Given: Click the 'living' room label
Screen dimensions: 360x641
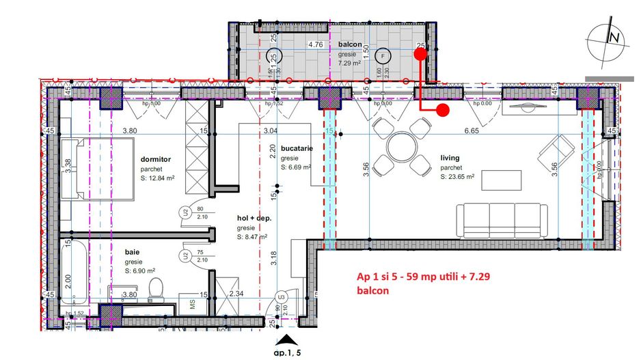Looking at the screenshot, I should pyautogui.click(x=450, y=157).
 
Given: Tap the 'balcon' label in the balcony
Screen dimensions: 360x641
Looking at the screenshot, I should pyautogui.click(x=349, y=44).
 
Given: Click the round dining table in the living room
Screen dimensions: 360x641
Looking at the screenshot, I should pyautogui.click(x=401, y=146).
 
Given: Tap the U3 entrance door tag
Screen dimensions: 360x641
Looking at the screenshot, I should pyautogui.click(x=280, y=296).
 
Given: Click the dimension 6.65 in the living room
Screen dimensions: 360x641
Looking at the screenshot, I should pyautogui.click(x=472, y=130).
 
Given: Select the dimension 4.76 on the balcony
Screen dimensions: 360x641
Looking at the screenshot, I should pyautogui.click(x=315, y=45).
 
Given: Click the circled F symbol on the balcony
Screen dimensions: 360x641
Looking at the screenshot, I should pyautogui.click(x=383, y=56).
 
